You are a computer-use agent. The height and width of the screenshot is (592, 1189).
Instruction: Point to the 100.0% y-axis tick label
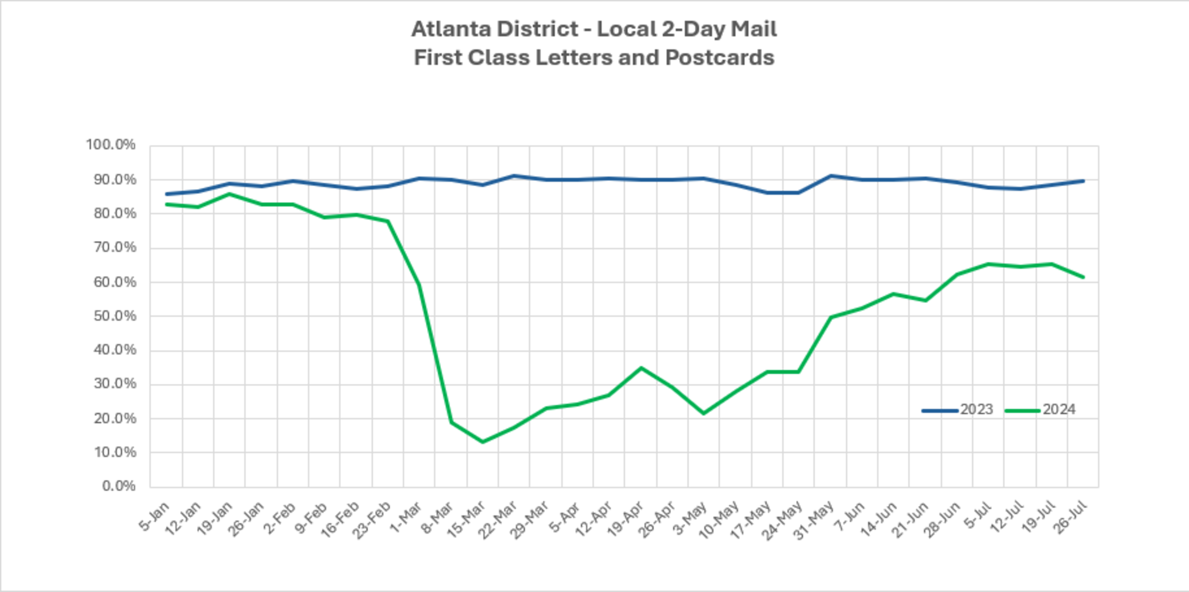click(x=111, y=145)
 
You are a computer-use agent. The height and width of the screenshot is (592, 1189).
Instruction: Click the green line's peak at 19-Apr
click(x=641, y=368)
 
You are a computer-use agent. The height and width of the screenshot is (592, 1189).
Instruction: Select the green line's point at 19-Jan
click(x=229, y=194)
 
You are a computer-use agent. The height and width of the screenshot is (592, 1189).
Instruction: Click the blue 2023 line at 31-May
click(x=830, y=175)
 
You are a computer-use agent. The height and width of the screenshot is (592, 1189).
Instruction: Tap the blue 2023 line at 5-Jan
click(x=166, y=194)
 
